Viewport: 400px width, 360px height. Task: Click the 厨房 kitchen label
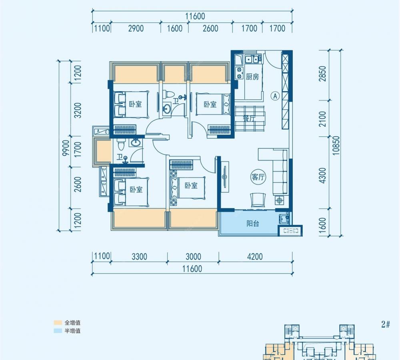pyautogui.click(x=252, y=76)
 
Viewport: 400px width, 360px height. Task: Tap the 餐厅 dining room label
pyautogui.click(x=249, y=118)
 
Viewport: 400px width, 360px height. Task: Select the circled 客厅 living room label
pyautogui.click(x=258, y=177)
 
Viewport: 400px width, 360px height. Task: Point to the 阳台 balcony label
pyautogui.click(x=253, y=224)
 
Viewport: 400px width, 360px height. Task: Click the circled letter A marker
pyautogui.click(x=275, y=96)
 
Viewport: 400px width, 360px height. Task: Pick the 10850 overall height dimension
pyautogui.click(x=336, y=145)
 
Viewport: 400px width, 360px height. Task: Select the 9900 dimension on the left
pyautogui.click(x=66, y=148)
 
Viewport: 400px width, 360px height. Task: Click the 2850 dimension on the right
pyautogui.click(x=323, y=74)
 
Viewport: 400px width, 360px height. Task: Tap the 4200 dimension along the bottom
pyautogui.click(x=255, y=256)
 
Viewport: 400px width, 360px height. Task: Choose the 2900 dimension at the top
pyautogui.click(x=136, y=28)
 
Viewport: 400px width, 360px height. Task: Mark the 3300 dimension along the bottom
pyautogui.click(x=139, y=256)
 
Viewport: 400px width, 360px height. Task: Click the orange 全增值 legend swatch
pyautogui.click(x=58, y=323)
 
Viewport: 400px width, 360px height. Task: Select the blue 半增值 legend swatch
pyautogui.click(x=58, y=331)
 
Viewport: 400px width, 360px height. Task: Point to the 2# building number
pyautogui.click(x=386, y=324)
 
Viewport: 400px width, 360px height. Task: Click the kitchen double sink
pyautogui.click(x=251, y=59)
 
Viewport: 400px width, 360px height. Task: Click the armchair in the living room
pyautogui.click(x=258, y=200)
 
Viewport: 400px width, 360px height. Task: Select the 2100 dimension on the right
pyautogui.click(x=323, y=119)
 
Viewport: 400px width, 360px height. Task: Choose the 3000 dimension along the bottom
pyautogui.click(x=193, y=256)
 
